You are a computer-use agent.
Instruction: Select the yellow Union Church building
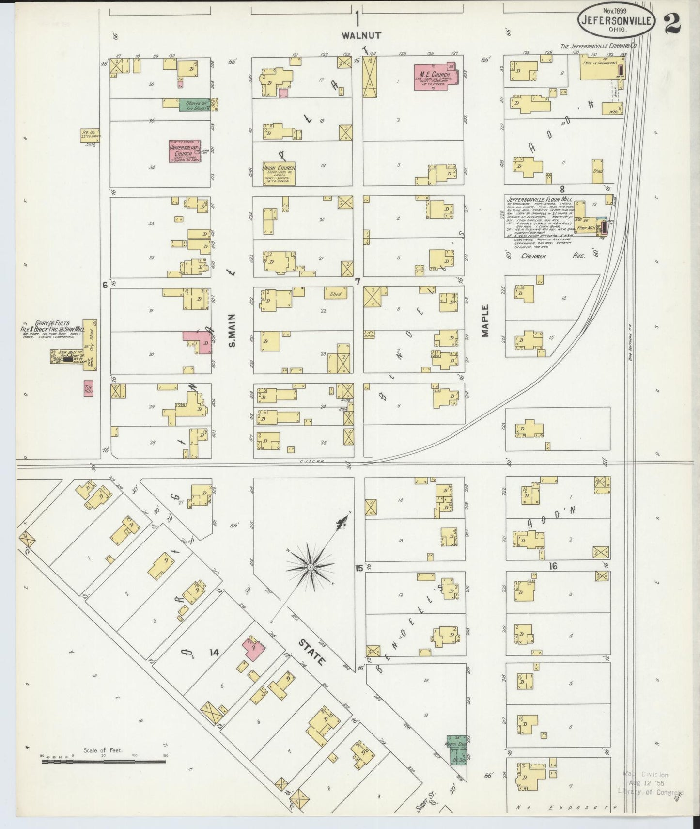pyautogui.click(x=279, y=173)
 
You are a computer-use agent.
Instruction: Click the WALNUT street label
pyautogui.click(x=361, y=35)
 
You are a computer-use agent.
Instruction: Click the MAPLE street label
pyautogui.click(x=485, y=321)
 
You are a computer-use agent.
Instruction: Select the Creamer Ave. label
pyautogui.click(x=552, y=255)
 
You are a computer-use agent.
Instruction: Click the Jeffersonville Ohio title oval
pyautogui.click(x=616, y=22)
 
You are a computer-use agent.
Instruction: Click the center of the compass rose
pyautogui.click(x=310, y=567)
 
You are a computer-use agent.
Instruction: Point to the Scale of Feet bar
pyautogui.click(x=104, y=761)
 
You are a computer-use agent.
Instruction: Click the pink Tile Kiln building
pyautogui.click(x=88, y=388)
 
